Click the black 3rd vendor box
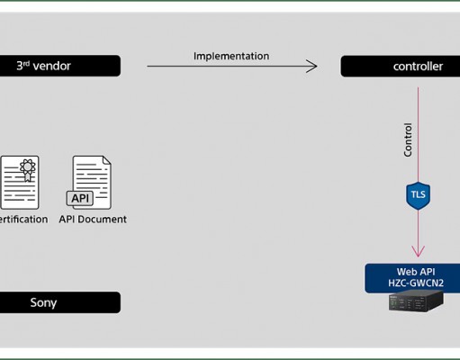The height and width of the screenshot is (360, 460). [60, 66]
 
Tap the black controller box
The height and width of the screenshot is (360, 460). [401, 67]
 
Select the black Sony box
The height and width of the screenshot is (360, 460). [60, 302]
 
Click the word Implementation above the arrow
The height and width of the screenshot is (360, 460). [231, 56]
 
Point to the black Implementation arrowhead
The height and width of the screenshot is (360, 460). [312, 66]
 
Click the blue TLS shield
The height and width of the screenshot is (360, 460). [418, 195]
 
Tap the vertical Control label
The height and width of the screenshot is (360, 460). [408, 139]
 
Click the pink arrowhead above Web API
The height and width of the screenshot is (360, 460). [418, 251]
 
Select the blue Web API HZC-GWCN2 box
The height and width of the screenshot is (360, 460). [412, 278]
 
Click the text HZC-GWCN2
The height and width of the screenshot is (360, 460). [416, 283]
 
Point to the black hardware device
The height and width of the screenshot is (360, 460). [416, 301]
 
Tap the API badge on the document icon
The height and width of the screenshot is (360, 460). [80, 198]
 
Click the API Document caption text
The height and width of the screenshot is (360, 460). [93, 220]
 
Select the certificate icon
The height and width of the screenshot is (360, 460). [20, 183]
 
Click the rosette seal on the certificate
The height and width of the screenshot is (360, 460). [28, 169]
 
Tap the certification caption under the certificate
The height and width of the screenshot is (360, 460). [23, 220]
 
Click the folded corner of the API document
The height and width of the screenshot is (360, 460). [107, 160]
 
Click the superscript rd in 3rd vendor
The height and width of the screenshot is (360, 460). [26, 63]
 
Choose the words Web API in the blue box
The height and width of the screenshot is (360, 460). [416, 272]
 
